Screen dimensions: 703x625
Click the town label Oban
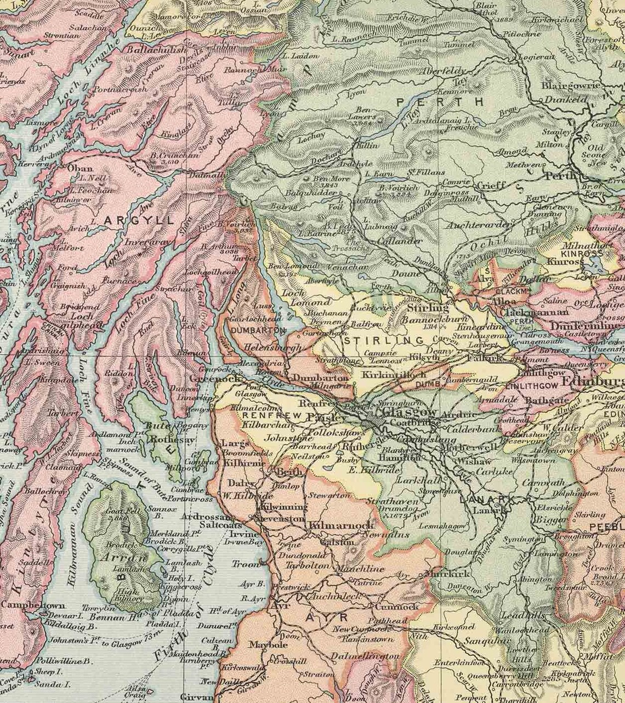click(79, 169)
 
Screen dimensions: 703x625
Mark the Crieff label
click(491, 185)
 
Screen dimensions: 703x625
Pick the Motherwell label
click(474, 447)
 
